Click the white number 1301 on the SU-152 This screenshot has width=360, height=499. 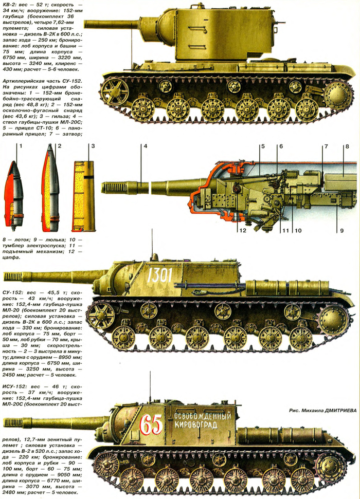[x=159, y=275]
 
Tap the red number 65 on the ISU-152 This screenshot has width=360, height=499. [x=151, y=424]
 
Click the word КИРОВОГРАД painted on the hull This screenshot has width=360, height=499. [x=196, y=425]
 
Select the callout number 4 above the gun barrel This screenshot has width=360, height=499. [x=145, y=146]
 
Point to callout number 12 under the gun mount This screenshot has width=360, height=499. [x=243, y=230]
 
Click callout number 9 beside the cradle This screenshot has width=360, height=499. [x=342, y=230]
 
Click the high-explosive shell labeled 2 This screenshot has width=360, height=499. [x=50, y=188]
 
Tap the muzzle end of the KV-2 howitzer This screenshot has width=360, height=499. [x=86, y=25]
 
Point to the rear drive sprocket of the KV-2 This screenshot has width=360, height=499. [x=338, y=93]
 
